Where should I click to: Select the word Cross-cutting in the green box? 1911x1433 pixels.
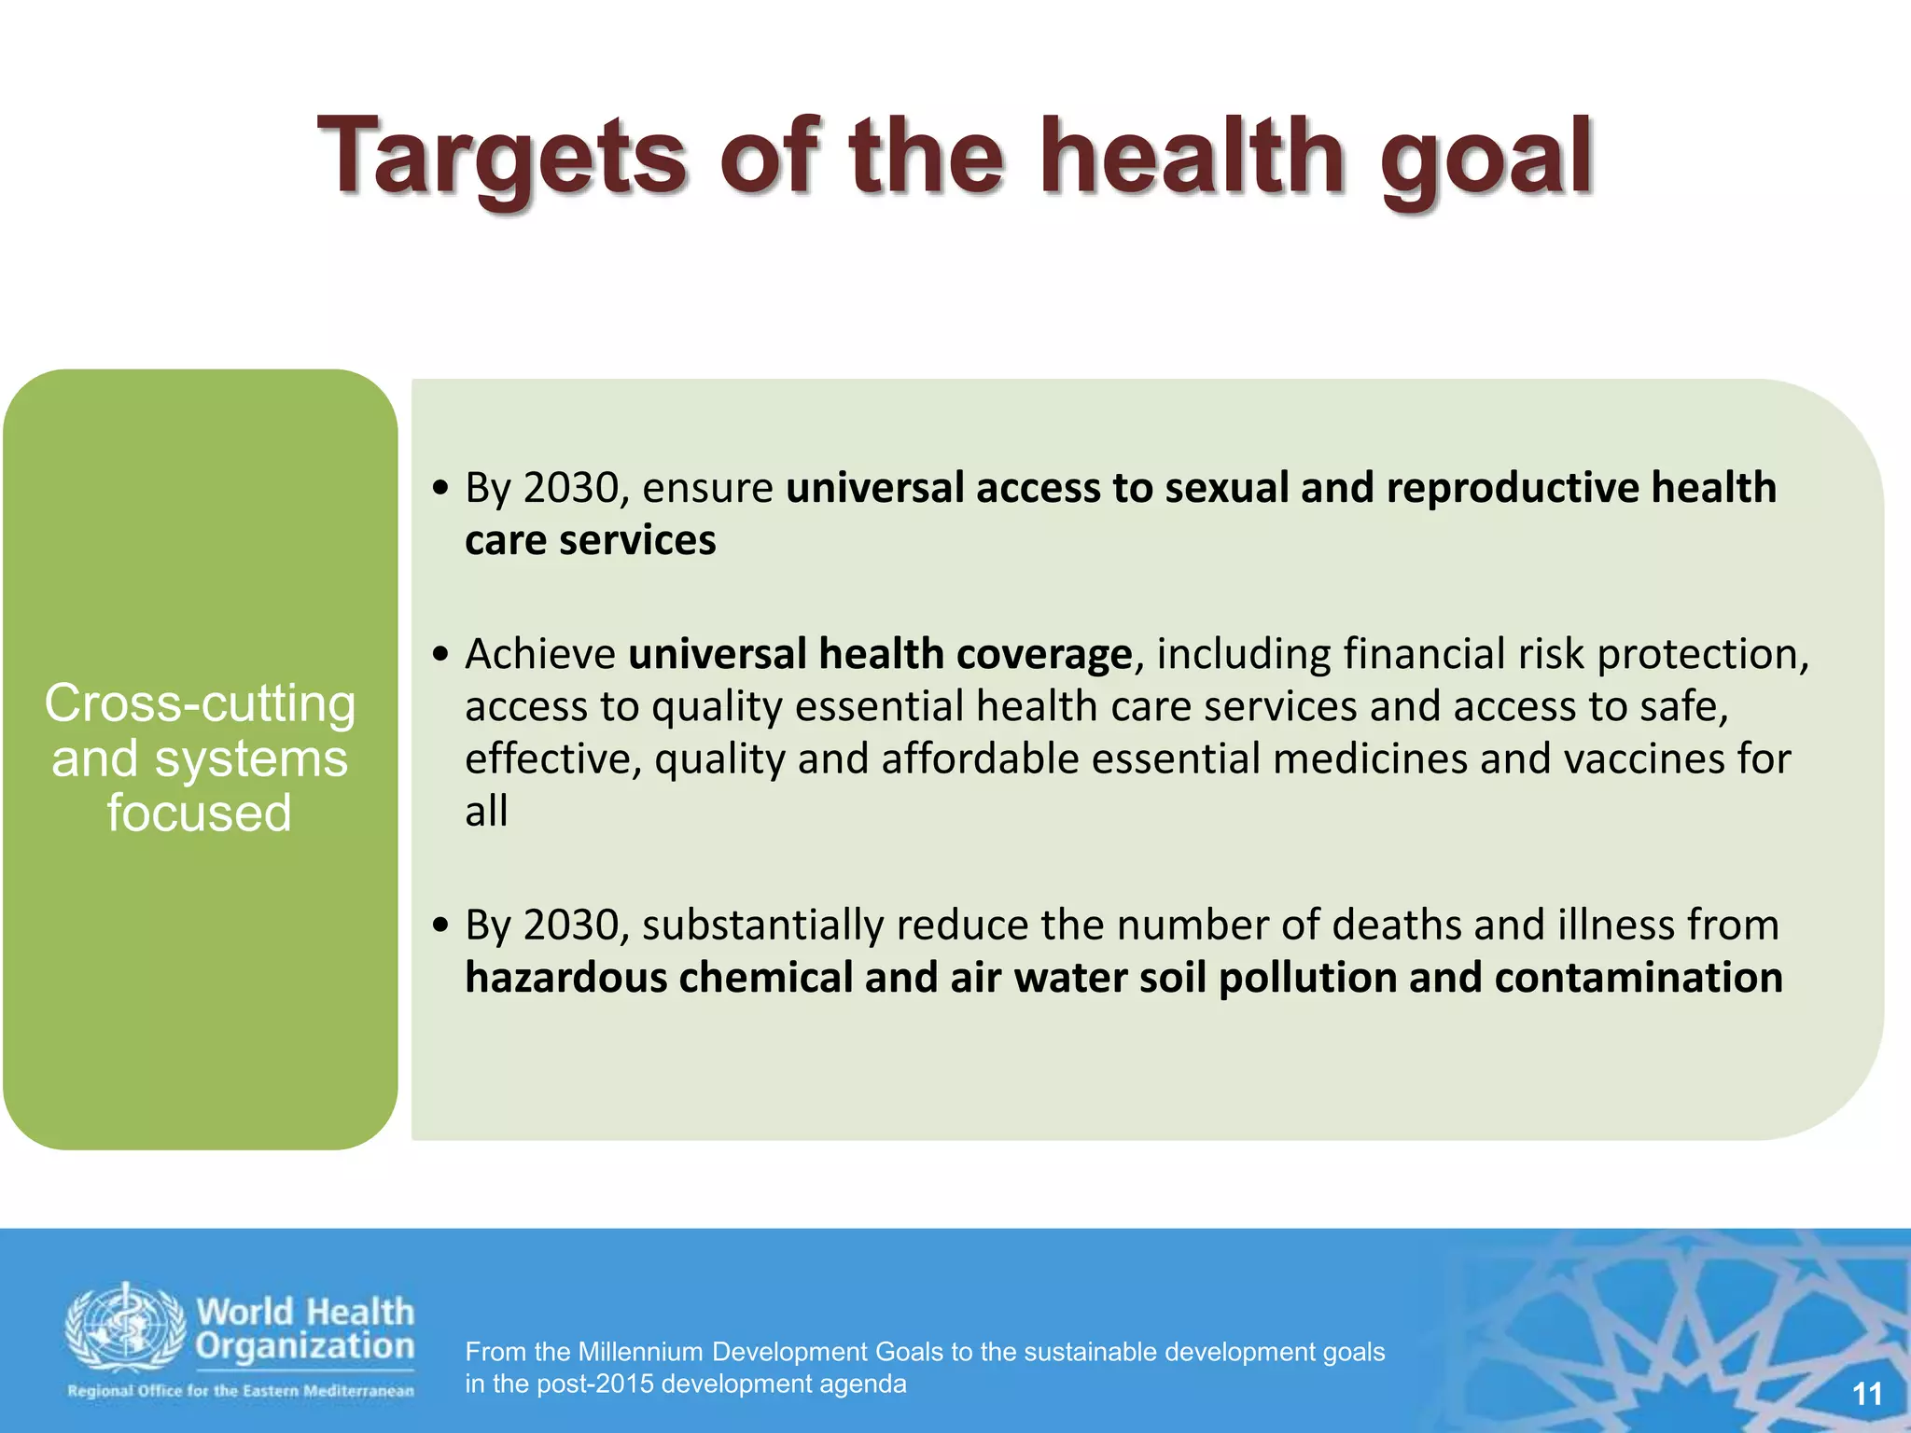200,703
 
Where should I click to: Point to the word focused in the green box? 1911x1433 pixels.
199,813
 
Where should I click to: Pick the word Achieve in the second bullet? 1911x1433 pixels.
540,654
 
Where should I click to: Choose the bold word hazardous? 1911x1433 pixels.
565,978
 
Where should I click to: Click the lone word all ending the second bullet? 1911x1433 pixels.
486,811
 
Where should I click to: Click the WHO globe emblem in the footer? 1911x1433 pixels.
125,1329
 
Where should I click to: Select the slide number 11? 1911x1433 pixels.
1866,1394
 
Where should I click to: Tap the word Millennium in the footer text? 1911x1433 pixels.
640,1352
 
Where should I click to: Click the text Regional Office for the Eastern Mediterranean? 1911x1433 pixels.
241,1390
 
